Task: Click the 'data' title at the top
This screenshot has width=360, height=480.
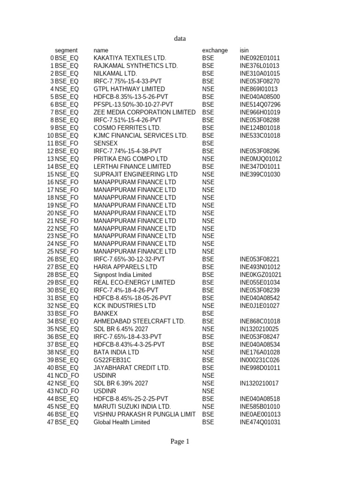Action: (x=180, y=39)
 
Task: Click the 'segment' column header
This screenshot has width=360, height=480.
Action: (x=66, y=50)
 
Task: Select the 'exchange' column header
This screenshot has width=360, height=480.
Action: (x=215, y=50)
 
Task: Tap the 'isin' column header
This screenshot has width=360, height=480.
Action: (x=244, y=50)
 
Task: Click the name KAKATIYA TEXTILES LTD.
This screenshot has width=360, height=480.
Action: (x=130, y=58)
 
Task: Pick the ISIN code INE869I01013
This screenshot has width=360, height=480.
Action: (x=259, y=89)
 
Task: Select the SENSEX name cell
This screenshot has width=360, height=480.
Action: (x=106, y=143)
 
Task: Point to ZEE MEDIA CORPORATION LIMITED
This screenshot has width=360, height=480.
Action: (x=144, y=112)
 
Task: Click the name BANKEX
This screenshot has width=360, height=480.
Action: (x=105, y=314)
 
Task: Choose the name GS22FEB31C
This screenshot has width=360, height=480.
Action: (x=112, y=360)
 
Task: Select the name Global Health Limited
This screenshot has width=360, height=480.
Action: (x=122, y=422)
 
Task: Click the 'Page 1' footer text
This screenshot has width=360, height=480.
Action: (x=180, y=441)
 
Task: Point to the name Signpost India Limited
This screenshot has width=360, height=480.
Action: (x=123, y=275)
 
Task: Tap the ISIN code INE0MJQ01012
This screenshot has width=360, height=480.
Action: (x=261, y=159)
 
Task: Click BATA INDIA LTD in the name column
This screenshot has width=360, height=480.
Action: (x=116, y=352)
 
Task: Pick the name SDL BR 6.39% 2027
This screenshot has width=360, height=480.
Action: (x=121, y=383)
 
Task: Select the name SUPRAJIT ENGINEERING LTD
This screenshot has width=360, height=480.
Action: (x=136, y=174)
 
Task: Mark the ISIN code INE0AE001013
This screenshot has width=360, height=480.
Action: (x=260, y=414)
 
